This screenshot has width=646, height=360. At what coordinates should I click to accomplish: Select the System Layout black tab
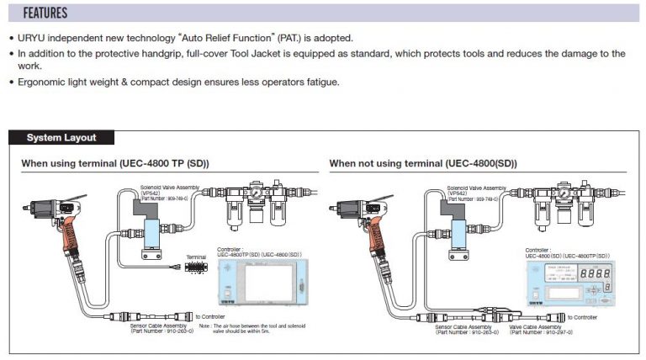point(61,138)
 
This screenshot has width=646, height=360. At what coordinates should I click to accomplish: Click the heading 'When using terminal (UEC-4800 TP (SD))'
point(114,162)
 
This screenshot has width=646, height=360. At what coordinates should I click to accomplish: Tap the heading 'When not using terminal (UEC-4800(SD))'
point(422,162)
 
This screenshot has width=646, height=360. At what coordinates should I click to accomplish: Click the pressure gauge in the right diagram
point(561,193)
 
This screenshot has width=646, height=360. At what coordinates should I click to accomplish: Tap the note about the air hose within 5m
point(252,328)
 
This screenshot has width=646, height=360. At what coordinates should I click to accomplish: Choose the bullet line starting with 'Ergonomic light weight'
point(177,82)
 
